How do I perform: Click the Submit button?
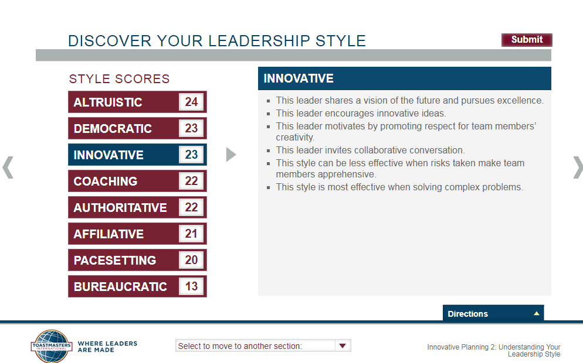[x=527, y=40]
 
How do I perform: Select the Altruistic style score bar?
[x=137, y=102]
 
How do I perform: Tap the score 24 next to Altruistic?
[x=191, y=102]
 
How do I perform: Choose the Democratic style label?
[x=113, y=128]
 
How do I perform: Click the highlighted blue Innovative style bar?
[x=137, y=155]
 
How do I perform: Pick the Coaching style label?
[x=106, y=181]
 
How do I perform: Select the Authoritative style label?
[x=120, y=207]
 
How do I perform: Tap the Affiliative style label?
[x=109, y=234]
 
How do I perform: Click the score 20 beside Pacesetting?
[x=191, y=260]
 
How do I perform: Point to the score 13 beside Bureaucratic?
[x=191, y=286]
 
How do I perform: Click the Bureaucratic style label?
[x=120, y=286]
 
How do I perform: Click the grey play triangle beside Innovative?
[x=231, y=155]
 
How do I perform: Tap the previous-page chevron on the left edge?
[x=8, y=167]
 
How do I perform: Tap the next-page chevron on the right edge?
[x=578, y=167]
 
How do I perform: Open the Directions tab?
[x=493, y=313]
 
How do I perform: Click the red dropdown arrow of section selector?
[x=343, y=345]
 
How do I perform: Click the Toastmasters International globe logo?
[x=51, y=346]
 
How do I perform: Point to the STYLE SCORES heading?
[x=119, y=78]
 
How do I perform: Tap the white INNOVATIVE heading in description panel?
[x=299, y=78]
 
